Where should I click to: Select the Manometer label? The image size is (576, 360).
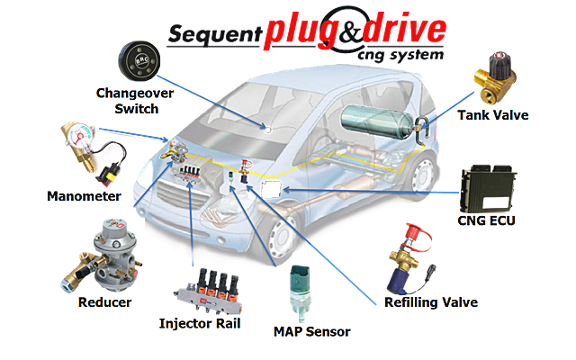pyautogui.click(x=82, y=194)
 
